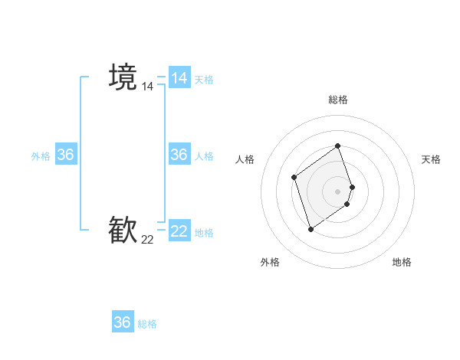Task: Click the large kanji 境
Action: click(123, 77)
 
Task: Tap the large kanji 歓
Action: click(123, 230)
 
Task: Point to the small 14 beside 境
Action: click(147, 87)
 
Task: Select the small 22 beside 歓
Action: click(147, 240)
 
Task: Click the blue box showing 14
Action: click(179, 78)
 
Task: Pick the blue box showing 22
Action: click(179, 231)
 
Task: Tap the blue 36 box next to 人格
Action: click(179, 155)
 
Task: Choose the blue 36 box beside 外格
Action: click(66, 155)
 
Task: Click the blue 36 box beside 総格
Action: click(123, 322)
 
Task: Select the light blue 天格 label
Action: click(204, 80)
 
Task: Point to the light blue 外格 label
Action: click(41, 156)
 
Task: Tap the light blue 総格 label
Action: click(147, 324)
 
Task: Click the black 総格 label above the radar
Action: click(337, 100)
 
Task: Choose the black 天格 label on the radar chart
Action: click(432, 159)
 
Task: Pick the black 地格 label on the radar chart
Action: click(402, 262)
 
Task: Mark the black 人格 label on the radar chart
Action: click(245, 159)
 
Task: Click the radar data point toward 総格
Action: click(337, 146)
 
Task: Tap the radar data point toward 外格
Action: click(310, 228)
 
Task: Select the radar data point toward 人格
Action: click(294, 178)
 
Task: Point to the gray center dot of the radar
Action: click(337, 191)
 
